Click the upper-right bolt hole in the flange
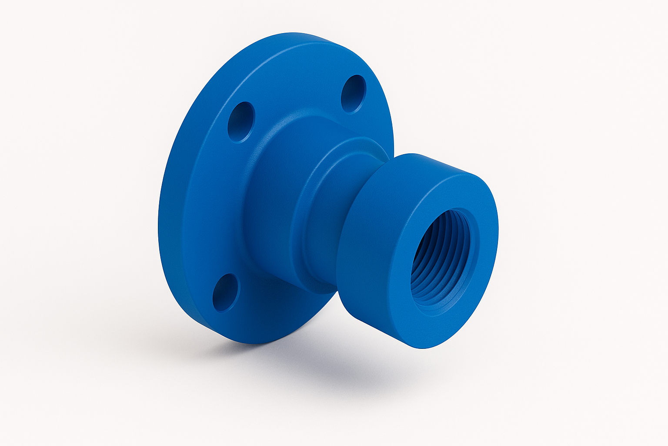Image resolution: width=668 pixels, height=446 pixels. [353, 94]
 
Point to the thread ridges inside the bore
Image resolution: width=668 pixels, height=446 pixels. [428, 266]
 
